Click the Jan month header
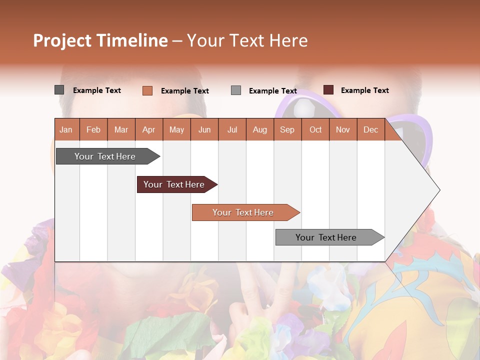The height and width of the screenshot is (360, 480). pos(66,129)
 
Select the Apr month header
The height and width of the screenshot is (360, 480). pos(148,129)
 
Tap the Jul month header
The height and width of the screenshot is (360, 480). pos(232,129)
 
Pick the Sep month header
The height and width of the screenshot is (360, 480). pos(287,129)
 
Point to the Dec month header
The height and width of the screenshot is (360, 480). pos(370,129)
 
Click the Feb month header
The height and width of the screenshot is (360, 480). pos(93,129)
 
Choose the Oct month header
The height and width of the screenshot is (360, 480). pos(315,129)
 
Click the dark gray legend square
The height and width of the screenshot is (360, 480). pos(59,90)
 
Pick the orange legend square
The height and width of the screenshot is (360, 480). pos(147,90)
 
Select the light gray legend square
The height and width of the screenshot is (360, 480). pos(236,90)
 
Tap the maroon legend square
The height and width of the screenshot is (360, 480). pos(328,90)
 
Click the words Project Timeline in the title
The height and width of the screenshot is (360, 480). pos(100,40)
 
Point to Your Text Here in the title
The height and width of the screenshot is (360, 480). pos(247,40)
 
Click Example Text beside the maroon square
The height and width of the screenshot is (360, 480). pos(364,90)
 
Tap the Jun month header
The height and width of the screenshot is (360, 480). pos(204,129)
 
